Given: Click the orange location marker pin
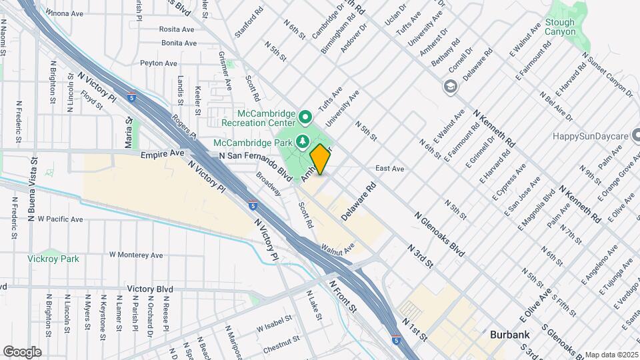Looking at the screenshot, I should pyautogui.click(x=320, y=159).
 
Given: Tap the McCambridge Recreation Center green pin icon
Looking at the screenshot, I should pyautogui.click(x=305, y=118).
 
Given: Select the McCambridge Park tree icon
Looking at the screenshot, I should pyautogui.click(x=302, y=141).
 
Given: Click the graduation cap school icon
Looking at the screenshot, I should pyautogui.click(x=450, y=87).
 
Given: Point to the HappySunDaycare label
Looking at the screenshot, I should pyautogui.click(x=591, y=136).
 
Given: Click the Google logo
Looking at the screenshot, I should pyautogui.click(x=22, y=351).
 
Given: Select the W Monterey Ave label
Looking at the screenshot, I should pyautogui.click(x=136, y=255).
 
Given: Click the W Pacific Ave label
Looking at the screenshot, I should pyautogui.click(x=60, y=219).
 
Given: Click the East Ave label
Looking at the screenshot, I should pyautogui.click(x=390, y=169).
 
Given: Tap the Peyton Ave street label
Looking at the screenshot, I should pyautogui.click(x=158, y=63).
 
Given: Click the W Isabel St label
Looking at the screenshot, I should pyautogui.click(x=275, y=323).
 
